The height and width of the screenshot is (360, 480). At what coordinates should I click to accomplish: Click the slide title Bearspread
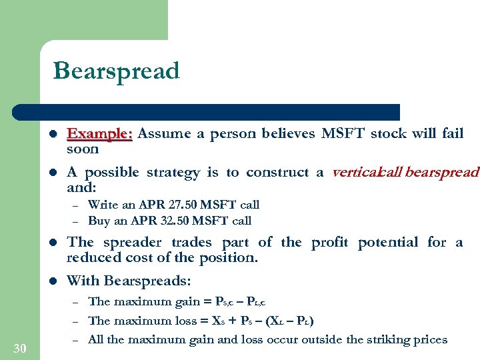[x=116, y=71]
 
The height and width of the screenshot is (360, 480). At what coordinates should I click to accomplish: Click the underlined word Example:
[x=100, y=133]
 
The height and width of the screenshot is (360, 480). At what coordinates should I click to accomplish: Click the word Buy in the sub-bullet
[x=99, y=220]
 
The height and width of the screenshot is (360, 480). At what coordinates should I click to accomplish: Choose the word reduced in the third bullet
[x=93, y=258]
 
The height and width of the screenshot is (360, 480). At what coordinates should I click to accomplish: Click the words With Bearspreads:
[x=120, y=281]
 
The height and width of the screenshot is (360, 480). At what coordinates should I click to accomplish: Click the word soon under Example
[x=83, y=149]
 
